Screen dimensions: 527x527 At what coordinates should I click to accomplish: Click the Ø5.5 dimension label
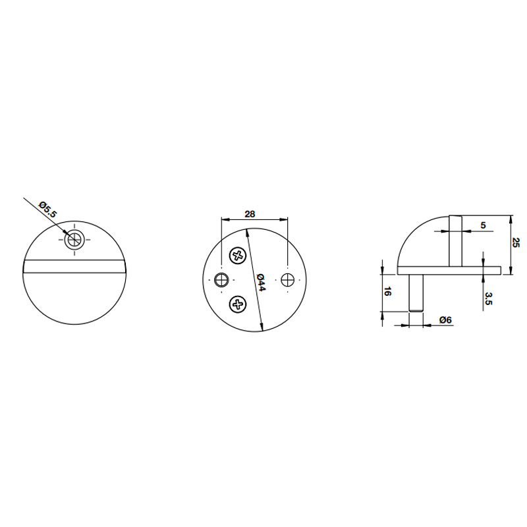[x=48, y=209]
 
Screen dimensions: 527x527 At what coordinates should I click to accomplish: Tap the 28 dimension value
[x=250, y=214]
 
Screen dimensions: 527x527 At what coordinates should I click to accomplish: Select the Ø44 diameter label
[x=261, y=283]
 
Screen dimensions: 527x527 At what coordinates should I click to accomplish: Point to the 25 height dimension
[x=516, y=242]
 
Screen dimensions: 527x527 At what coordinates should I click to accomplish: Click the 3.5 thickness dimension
[x=489, y=298]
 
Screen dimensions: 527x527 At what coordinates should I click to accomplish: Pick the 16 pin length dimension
[x=387, y=291]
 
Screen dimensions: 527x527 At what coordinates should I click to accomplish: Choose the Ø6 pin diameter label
[x=445, y=320]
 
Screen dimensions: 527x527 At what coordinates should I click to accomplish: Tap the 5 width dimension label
[x=483, y=225]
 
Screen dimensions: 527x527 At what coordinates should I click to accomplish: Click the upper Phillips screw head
[x=238, y=256]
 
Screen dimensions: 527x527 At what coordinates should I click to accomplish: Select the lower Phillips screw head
[x=238, y=304]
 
